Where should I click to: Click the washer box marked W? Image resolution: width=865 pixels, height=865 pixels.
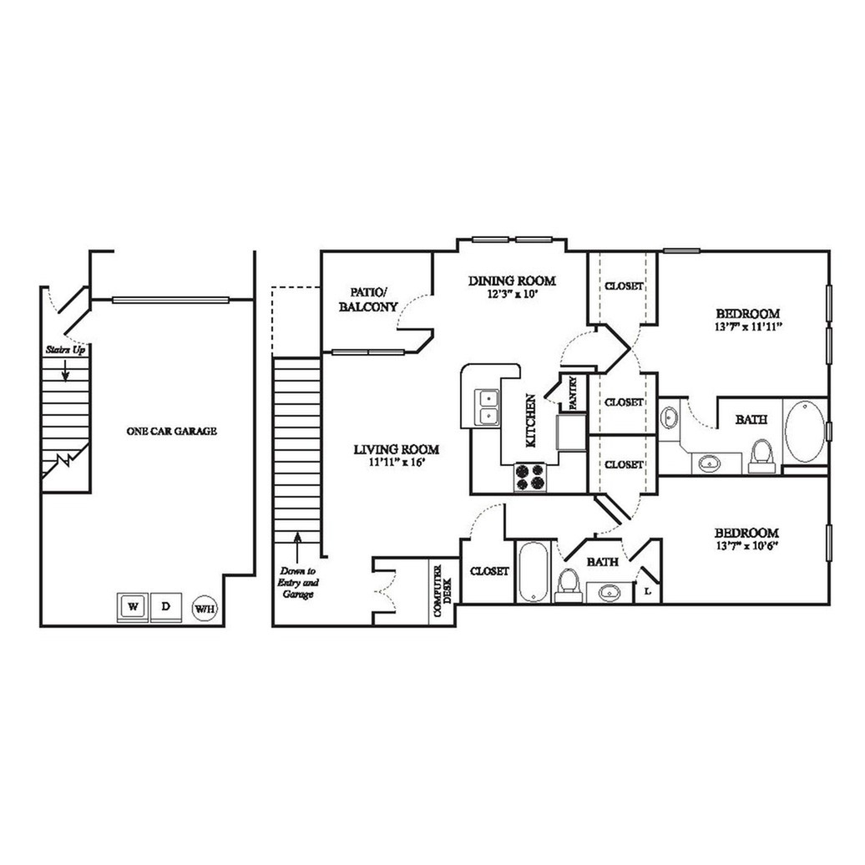click(x=133, y=606)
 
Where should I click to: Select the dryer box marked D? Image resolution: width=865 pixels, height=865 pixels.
click(x=165, y=606)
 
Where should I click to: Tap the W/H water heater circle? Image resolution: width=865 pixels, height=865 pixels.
click(x=205, y=609)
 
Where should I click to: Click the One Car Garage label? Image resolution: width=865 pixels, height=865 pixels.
click(x=171, y=431)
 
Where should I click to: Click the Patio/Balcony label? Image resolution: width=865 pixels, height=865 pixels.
click(x=368, y=299)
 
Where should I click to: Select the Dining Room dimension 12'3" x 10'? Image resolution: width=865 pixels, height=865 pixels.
click(x=511, y=295)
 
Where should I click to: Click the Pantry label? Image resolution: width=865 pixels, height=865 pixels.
click(x=574, y=392)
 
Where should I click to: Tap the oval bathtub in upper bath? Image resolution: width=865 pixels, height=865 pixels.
click(x=803, y=431)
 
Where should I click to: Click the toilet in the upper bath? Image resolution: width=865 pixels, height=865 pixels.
click(x=760, y=455)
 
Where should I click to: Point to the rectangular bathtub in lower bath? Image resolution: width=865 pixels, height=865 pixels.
click(x=531, y=572)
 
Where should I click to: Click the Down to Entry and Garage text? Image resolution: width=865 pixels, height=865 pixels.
click(x=298, y=583)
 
